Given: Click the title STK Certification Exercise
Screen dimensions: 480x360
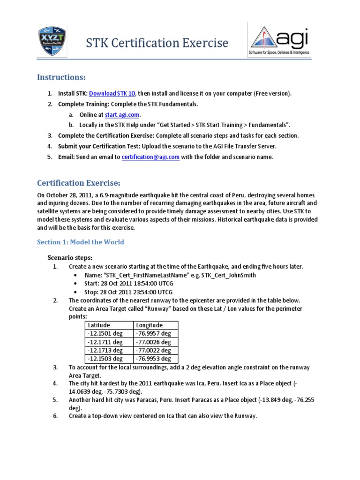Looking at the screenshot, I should (x=157, y=44).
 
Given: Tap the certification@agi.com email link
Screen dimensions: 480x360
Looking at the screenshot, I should (x=150, y=157).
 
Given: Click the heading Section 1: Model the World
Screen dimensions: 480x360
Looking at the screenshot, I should (x=81, y=242).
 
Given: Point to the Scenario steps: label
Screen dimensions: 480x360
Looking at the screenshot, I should (x=70, y=257).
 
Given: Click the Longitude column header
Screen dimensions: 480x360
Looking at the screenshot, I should (x=149, y=325).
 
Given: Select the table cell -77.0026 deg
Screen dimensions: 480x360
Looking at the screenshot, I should (x=153, y=342).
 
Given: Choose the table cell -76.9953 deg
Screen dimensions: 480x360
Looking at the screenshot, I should (x=153, y=359).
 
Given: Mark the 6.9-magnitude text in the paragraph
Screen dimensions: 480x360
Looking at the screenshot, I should (x=117, y=195).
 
